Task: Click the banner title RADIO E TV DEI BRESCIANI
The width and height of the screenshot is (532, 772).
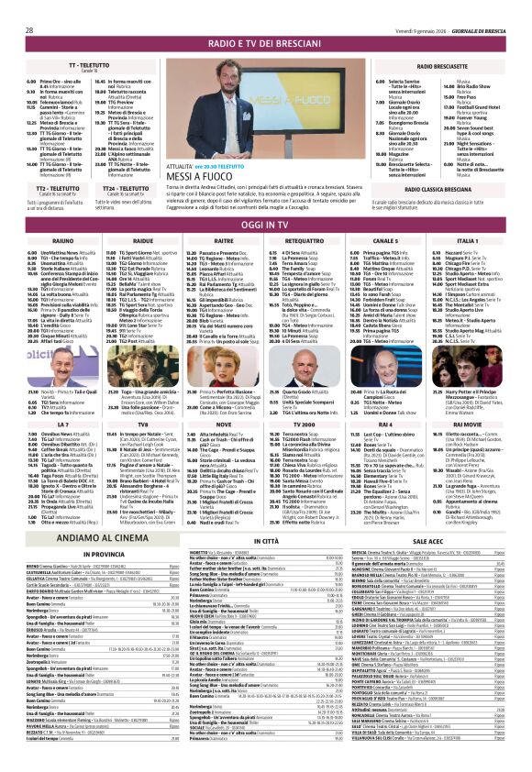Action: tap(265, 44)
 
